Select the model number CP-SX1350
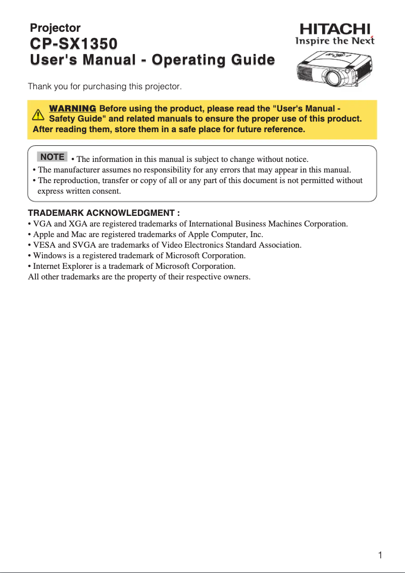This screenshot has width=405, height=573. coord(74,44)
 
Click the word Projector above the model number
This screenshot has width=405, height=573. coord(55,28)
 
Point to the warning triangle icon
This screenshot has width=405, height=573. coord(38,114)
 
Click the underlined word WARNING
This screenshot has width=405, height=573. coord(72,108)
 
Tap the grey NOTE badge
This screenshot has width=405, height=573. coord(52,157)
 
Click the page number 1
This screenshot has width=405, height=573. coord(380,555)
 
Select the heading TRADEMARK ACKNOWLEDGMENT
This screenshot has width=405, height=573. coord(104,213)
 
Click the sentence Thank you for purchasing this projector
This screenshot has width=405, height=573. coord(105,86)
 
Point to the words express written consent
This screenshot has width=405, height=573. coord(79,191)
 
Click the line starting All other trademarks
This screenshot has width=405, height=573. coord(139,276)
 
